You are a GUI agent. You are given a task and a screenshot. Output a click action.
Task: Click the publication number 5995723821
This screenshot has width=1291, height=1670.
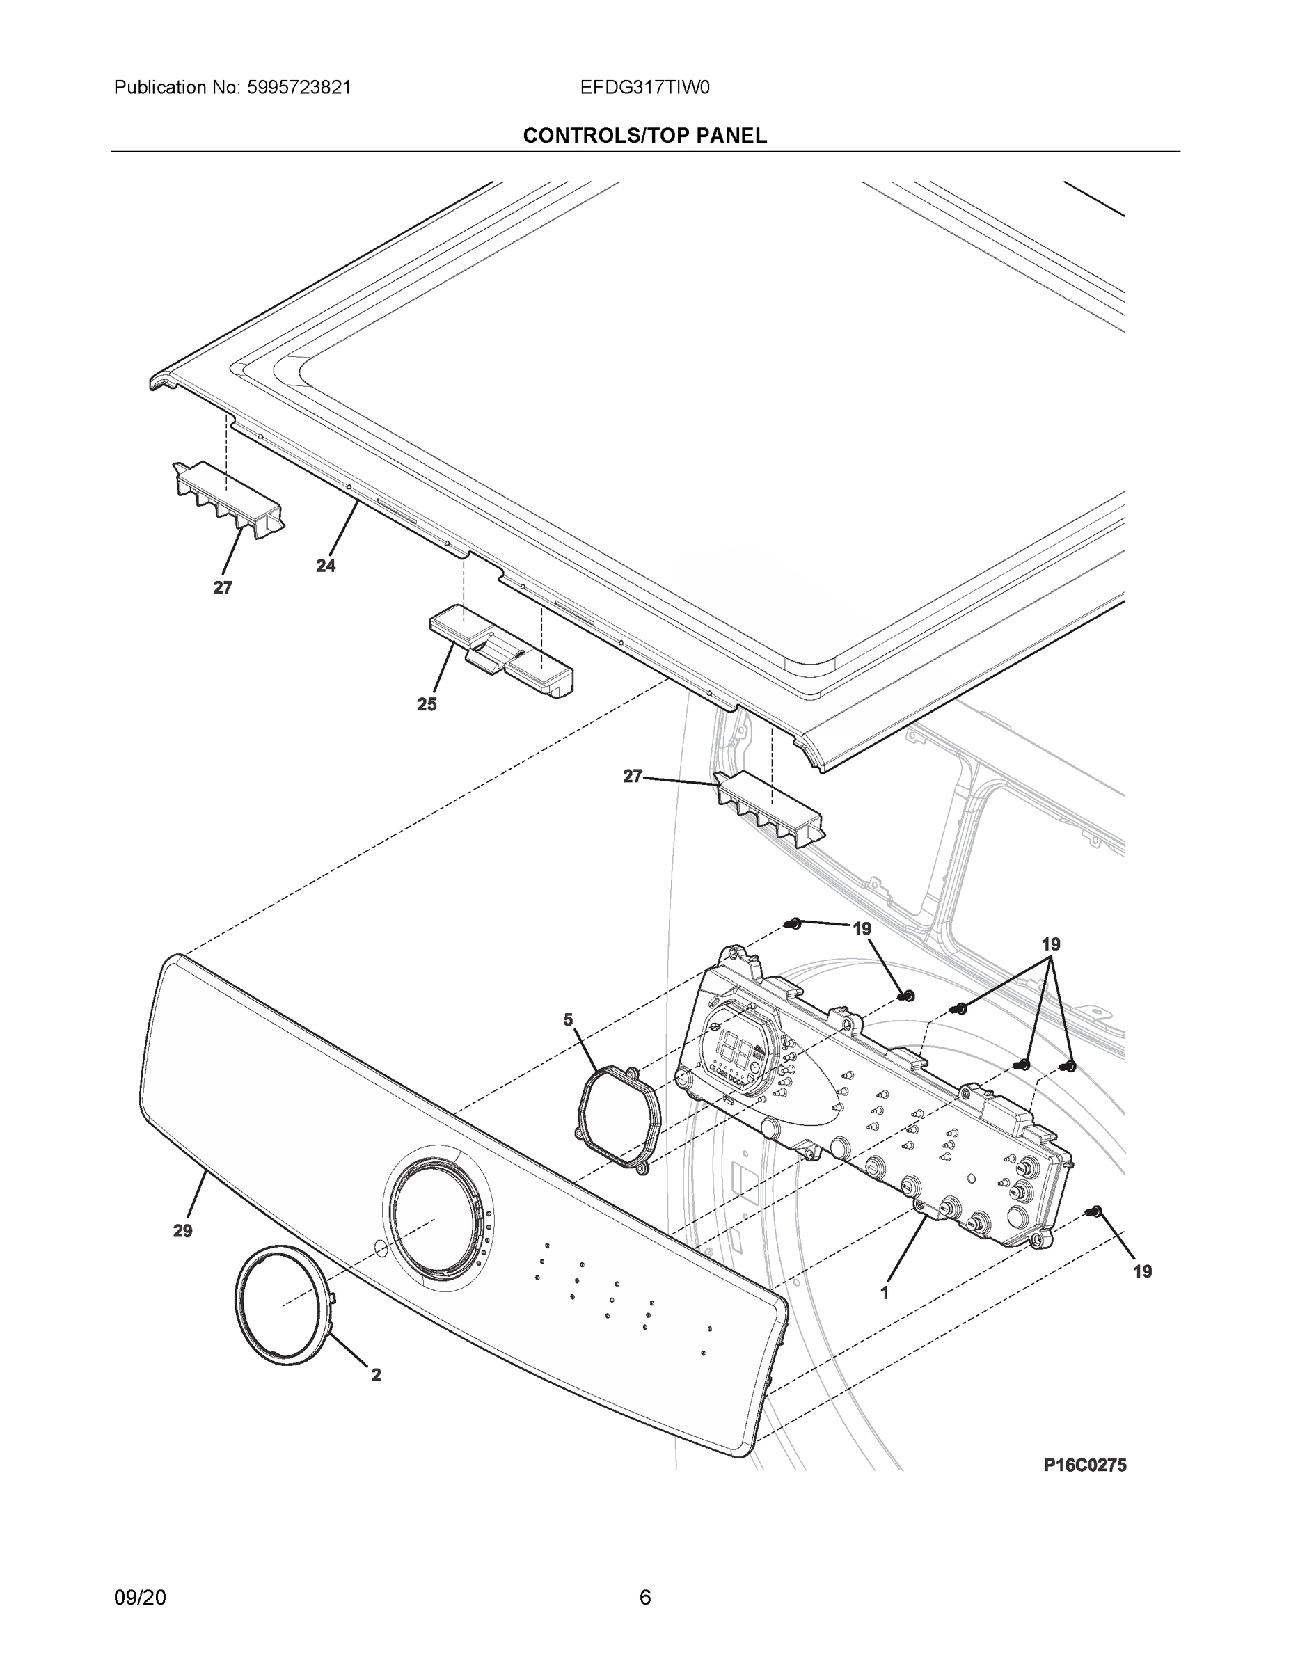299,87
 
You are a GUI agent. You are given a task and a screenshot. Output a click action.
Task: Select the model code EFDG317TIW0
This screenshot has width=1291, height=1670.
644,87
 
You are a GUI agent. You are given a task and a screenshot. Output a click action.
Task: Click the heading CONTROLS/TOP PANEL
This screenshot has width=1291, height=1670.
644,136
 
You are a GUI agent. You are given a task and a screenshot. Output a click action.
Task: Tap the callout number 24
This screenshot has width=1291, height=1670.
326,566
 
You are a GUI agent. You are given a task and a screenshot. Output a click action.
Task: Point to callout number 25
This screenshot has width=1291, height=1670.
427,704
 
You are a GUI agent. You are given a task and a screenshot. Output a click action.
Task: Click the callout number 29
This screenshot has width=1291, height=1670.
182,1231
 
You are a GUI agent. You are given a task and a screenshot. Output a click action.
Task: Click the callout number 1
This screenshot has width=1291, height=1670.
885,1293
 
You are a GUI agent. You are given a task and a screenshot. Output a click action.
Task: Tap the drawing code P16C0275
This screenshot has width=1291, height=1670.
1084,1464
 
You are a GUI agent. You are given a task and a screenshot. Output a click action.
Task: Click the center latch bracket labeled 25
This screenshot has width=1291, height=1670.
501,651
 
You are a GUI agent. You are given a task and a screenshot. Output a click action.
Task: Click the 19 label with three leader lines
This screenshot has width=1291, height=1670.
1051,944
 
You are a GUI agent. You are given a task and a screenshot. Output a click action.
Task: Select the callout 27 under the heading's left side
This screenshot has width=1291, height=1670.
223,588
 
